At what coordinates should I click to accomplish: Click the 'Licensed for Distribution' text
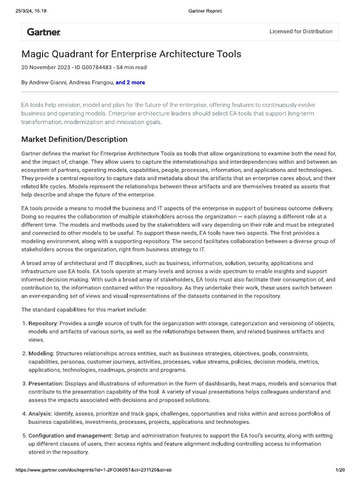click(301, 31)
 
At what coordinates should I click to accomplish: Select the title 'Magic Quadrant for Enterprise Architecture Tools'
click(131, 54)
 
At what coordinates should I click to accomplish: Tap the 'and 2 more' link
click(130, 82)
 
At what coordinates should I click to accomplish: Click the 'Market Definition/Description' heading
click(74, 139)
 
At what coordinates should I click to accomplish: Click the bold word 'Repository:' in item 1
click(43, 323)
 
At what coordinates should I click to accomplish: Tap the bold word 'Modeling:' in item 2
click(41, 353)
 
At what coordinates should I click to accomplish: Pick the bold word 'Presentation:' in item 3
click(45, 383)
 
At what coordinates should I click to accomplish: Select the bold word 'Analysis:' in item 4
click(40, 413)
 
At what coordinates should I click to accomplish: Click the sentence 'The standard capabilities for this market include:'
click(84, 310)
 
